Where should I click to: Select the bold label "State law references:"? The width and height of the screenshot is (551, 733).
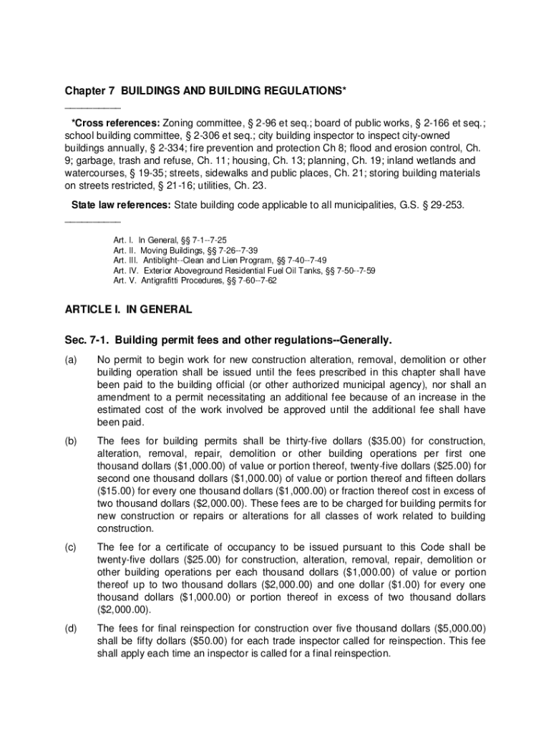tap(120, 205)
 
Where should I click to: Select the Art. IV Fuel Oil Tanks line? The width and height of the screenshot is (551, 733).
tap(244, 271)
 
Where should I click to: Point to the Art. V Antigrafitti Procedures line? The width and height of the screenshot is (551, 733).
tap(195, 281)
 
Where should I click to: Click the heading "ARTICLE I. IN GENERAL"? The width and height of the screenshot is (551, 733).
tap(128, 310)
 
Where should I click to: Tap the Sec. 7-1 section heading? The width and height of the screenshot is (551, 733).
tap(229, 339)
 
